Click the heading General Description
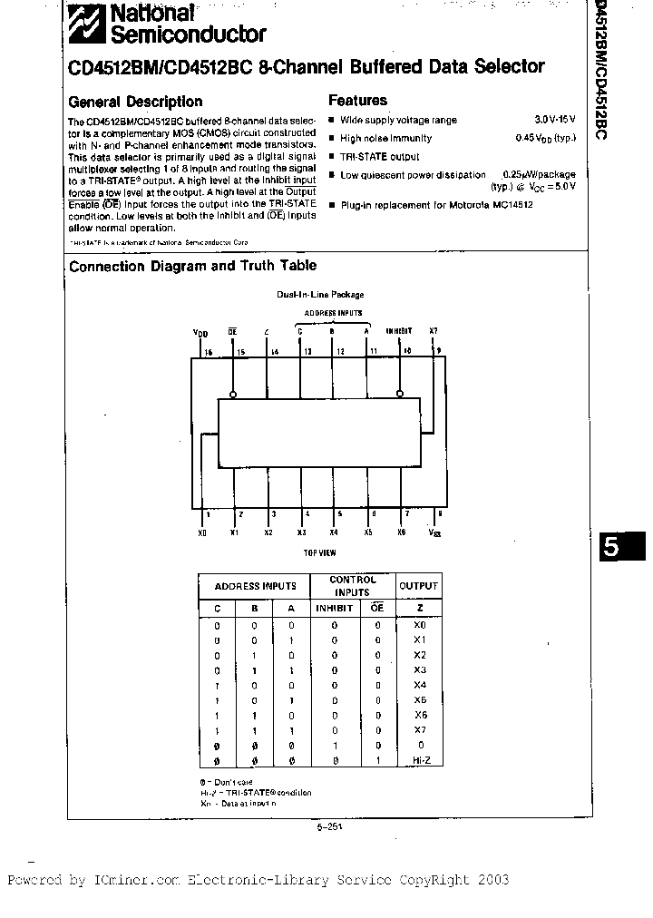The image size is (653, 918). point(136,102)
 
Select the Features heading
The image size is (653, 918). point(357,101)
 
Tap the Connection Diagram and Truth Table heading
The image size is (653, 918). point(193,266)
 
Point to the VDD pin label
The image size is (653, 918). point(200,334)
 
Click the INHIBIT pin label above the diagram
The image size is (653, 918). point(399,331)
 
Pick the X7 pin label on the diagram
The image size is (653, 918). point(433,331)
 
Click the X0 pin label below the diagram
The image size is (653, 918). point(201,532)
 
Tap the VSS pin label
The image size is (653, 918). point(435,533)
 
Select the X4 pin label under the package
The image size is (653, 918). point(334,532)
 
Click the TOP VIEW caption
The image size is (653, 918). point(319,552)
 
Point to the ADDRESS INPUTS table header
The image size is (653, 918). point(254,586)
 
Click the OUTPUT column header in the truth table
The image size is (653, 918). point(418,586)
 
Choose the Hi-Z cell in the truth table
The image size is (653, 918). point(418,760)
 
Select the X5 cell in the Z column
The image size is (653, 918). point(418,700)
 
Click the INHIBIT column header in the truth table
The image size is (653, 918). point(334,609)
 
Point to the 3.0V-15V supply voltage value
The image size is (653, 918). point(553,120)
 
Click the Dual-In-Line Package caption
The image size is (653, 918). point(320,295)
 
